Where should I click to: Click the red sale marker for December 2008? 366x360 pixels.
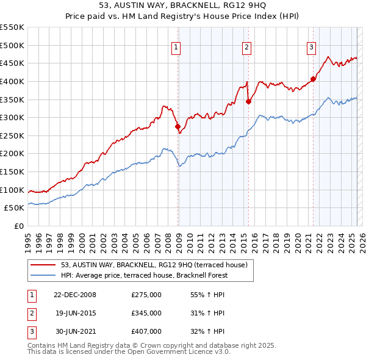click(178, 127)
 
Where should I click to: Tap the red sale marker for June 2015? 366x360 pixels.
click(248, 102)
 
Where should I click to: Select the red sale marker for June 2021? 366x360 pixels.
click(313, 79)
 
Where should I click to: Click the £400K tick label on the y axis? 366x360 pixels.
click(12, 81)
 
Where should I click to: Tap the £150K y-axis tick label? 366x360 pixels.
click(12, 171)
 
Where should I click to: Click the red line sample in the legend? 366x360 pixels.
click(43, 265)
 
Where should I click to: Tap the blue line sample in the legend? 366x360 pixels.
click(43, 275)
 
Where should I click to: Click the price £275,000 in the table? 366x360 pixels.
click(146, 295)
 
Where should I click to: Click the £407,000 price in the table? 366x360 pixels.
click(146, 331)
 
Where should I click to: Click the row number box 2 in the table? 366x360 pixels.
click(31, 313)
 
